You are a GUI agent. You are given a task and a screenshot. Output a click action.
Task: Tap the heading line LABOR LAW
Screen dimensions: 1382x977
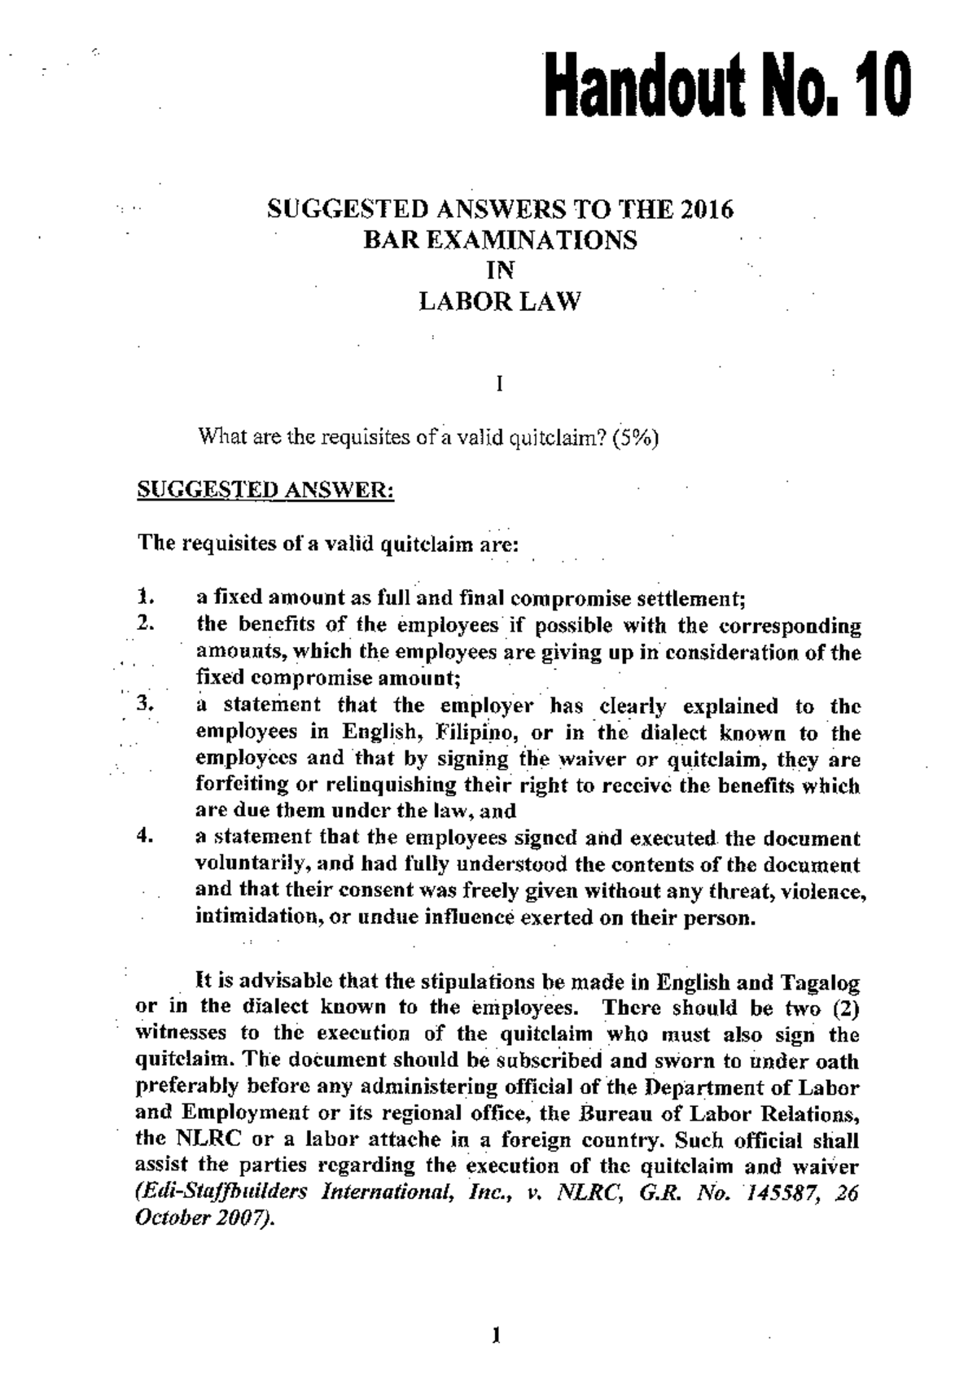(500, 303)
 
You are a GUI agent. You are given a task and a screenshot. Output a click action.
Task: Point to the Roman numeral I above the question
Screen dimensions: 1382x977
(499, 383)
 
